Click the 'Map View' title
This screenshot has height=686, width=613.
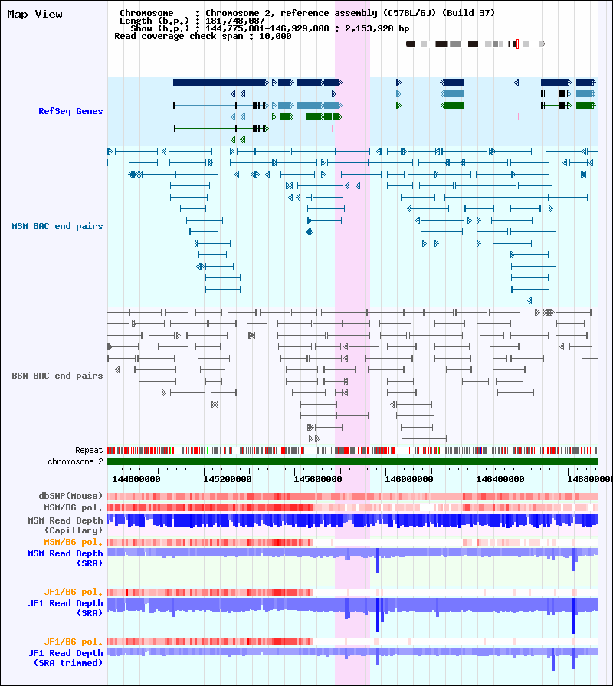click(34, 15)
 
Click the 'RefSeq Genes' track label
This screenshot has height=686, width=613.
click(70, 111)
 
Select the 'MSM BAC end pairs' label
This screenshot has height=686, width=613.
click(57, 226)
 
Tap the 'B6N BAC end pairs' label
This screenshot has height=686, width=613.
click(57, 376)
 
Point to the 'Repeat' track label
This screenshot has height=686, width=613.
click(89, 450)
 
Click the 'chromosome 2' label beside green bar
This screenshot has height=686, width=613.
click(75, 461)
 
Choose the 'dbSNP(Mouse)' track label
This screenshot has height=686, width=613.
click(70, 496)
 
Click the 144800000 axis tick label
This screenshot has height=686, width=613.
click(136, 479)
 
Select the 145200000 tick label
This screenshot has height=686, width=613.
click(228, 479)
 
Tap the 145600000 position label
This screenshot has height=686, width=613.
click(318, 479)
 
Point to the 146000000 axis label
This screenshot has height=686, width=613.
click(409, 479)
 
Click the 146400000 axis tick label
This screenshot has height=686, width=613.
click(500, 479)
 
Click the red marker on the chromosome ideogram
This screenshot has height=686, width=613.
click(518, 44)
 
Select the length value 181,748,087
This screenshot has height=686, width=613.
click(234, 21)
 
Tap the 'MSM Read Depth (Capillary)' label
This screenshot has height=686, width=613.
click(65, 525)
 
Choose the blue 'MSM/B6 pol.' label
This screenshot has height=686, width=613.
click(73, 507)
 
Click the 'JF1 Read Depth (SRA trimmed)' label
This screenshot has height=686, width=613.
click(65, 658)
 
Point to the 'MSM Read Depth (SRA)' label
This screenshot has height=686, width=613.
click(65, 558)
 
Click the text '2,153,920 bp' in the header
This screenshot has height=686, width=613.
click(377, 28)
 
